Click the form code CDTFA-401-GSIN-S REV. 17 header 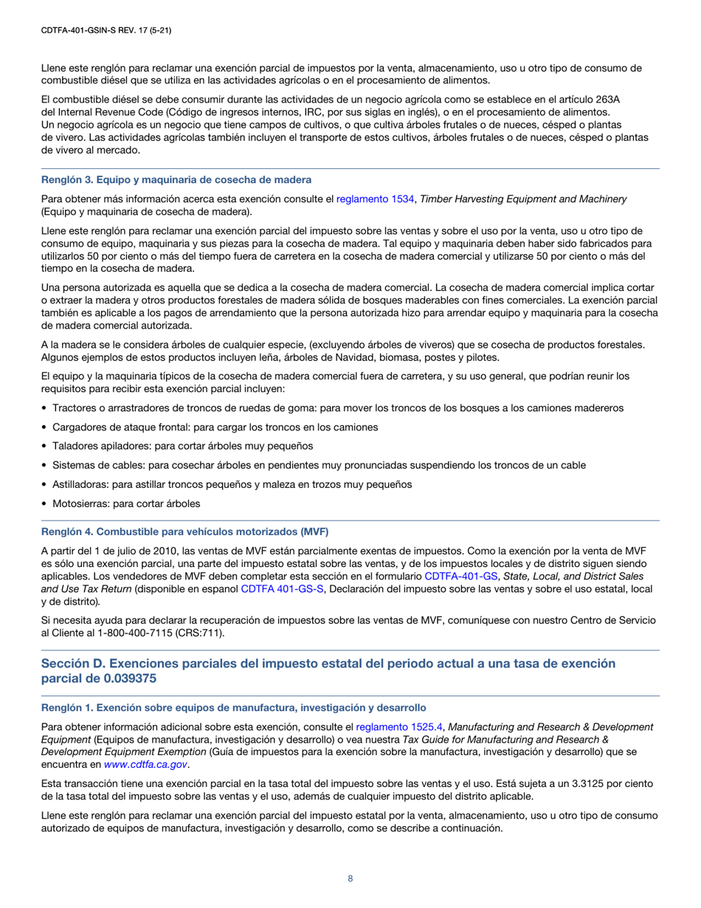[x=106, y=31]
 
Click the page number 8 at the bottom [x=350, y=878]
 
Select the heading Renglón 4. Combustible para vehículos [x=184, y=532]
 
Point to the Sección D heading [x=328, y=664]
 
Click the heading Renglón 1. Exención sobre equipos [x=233, y=707]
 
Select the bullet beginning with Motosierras [x=126, y=503]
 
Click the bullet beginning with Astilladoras [x=232, y=484]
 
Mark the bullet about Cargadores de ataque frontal [x=215, y=427]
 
